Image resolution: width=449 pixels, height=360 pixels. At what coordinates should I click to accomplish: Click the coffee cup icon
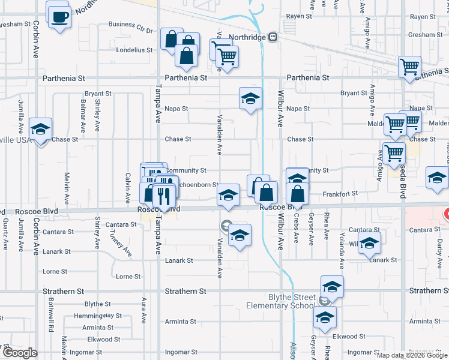59,16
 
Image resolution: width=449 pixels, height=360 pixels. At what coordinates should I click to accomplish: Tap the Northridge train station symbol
273,37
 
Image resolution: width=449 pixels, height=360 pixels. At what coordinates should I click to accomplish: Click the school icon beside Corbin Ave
41,130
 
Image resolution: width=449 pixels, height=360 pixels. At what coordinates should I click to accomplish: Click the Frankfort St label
340,193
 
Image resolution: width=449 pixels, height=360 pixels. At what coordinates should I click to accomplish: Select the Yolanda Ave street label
341,250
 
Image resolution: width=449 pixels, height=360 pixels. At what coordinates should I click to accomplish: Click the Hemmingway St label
98,316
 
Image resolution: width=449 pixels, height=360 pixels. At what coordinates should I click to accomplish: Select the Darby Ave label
439,250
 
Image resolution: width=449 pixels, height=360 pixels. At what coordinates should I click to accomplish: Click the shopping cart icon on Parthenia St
410,67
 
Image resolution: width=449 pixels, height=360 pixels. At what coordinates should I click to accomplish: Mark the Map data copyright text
412,355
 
